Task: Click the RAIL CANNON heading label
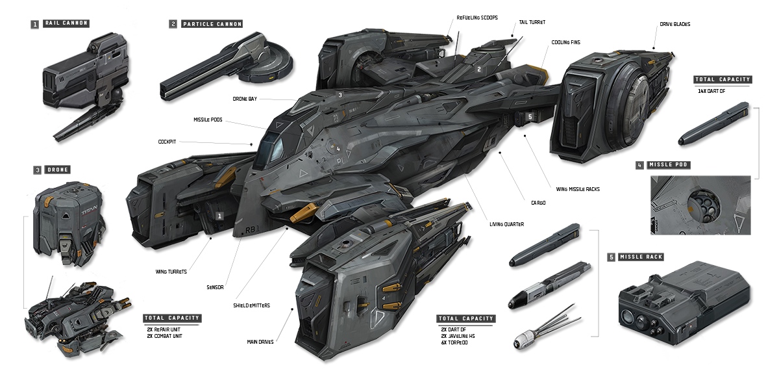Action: pyautogui.click(x=66, y=23)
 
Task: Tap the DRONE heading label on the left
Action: pyautogui.click(x=58, y=170)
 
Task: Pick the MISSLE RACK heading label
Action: pyautogui.click(x=641, y=257)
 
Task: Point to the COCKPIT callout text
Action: pyautogui.click(x=167, y=141)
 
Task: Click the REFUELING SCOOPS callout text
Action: pyautogui.click(x=477, y=18)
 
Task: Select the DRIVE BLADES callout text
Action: pyautogui.click(x=674, y=24)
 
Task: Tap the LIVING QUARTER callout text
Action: pyautogui.click(x=506, y=224)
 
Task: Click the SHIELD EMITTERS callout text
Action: pyautogui.click(x=252, y=305)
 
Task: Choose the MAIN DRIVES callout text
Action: pyautogui.click(x=260, y=341)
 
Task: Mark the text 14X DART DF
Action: pyautogui.click(x=713, y=92)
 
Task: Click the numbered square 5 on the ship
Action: pyautogui.click(x=530, y=116)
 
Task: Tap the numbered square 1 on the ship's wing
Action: pyautogui.click(x=220, y=215)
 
